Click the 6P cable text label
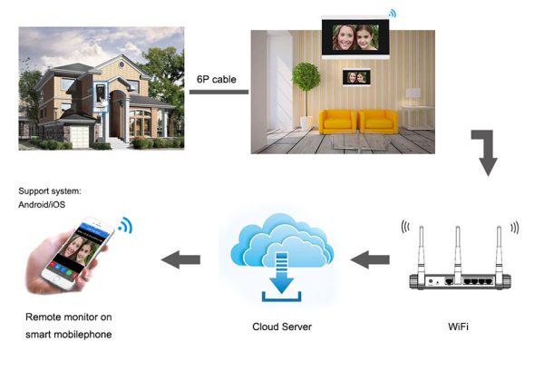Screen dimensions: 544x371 point(217,80)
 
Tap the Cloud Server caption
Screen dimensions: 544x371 point(282,327)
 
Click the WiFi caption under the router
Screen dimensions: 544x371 point(458,327)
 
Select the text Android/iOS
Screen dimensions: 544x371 point(42,204)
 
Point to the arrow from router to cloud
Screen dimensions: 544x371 point(370,259)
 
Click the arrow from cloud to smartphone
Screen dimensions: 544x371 point(180,259)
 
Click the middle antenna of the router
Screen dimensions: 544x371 point(458,253)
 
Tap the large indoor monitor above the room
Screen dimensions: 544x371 point(355,37)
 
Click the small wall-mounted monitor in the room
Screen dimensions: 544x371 point(356,77)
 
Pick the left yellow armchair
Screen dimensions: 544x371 point(337,122)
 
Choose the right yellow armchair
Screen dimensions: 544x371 point(378,122)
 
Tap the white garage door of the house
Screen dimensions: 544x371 point(80,137)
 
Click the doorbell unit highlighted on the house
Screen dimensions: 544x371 point(101,94)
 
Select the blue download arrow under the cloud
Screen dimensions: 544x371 point(282,273)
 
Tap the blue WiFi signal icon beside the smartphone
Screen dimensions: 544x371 point(125,226)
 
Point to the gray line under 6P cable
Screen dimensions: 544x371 point(219,92)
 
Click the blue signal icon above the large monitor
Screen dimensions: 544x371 point(393,14)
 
